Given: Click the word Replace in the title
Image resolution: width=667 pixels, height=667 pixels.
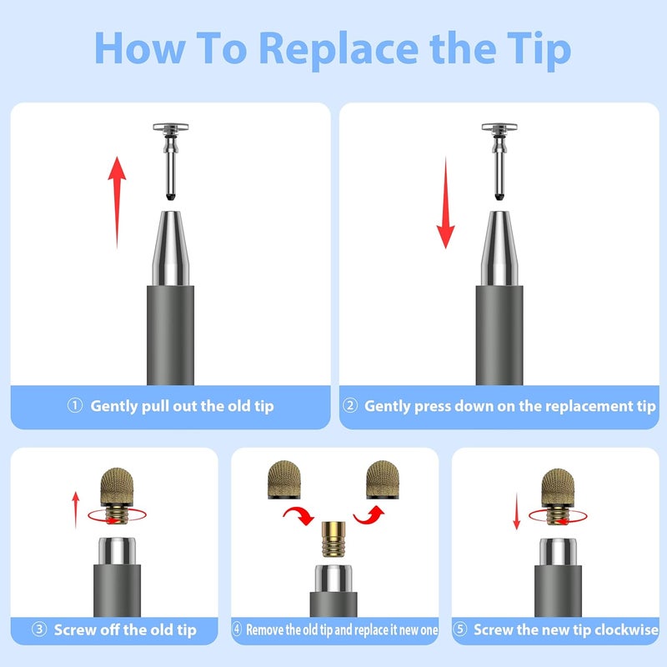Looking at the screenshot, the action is [x=339, y=50].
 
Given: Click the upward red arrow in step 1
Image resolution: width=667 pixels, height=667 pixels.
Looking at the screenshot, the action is [x=117, y=203].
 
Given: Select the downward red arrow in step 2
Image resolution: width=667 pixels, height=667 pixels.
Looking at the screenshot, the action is [x=445, y=203].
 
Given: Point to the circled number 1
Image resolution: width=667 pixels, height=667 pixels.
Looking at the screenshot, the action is [x=75, y=405].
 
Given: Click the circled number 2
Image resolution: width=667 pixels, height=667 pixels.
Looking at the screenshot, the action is [x=350, y=405].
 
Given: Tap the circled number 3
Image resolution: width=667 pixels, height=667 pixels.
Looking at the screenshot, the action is [x=39, y=629].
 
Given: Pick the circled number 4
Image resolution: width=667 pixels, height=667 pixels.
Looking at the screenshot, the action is [x=237, y=629].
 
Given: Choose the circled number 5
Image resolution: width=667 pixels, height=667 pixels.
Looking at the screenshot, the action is [x=460, y=629].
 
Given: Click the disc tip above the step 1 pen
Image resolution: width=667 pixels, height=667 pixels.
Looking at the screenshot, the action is [x=171, y=162].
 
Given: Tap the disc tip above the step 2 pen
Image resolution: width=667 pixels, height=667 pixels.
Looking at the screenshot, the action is [x=499, y=162].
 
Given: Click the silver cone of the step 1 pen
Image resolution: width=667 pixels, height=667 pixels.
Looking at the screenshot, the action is [x=171, y=248].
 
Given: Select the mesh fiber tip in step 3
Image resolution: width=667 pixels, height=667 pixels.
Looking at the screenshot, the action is [x=117, y=495].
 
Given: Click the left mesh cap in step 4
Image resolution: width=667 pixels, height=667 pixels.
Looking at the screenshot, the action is [x=284, y=479].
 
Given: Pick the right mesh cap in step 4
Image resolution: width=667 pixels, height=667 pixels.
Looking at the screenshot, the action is [x=383, y=479].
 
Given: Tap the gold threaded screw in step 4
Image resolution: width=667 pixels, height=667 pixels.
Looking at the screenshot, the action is [x=333, y=539].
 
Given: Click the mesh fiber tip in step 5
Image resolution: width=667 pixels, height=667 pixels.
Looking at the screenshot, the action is [x=558, y=496].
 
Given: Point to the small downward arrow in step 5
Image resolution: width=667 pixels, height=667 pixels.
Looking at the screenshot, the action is [x=516, y=511].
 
